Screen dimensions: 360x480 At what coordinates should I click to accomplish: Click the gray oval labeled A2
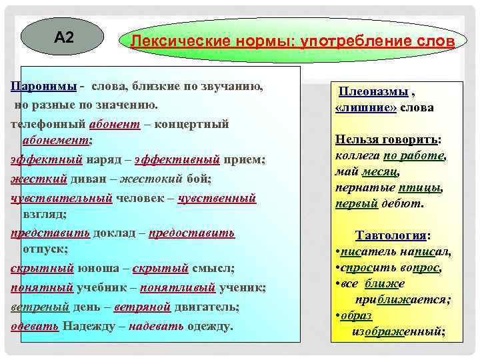[63, 37]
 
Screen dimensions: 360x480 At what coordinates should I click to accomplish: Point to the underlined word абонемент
[56, 141]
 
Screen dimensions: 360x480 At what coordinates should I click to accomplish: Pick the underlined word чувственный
[217, 197]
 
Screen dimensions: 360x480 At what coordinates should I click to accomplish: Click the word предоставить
[191, 233]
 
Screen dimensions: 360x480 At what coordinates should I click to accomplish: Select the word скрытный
[42, 269]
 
